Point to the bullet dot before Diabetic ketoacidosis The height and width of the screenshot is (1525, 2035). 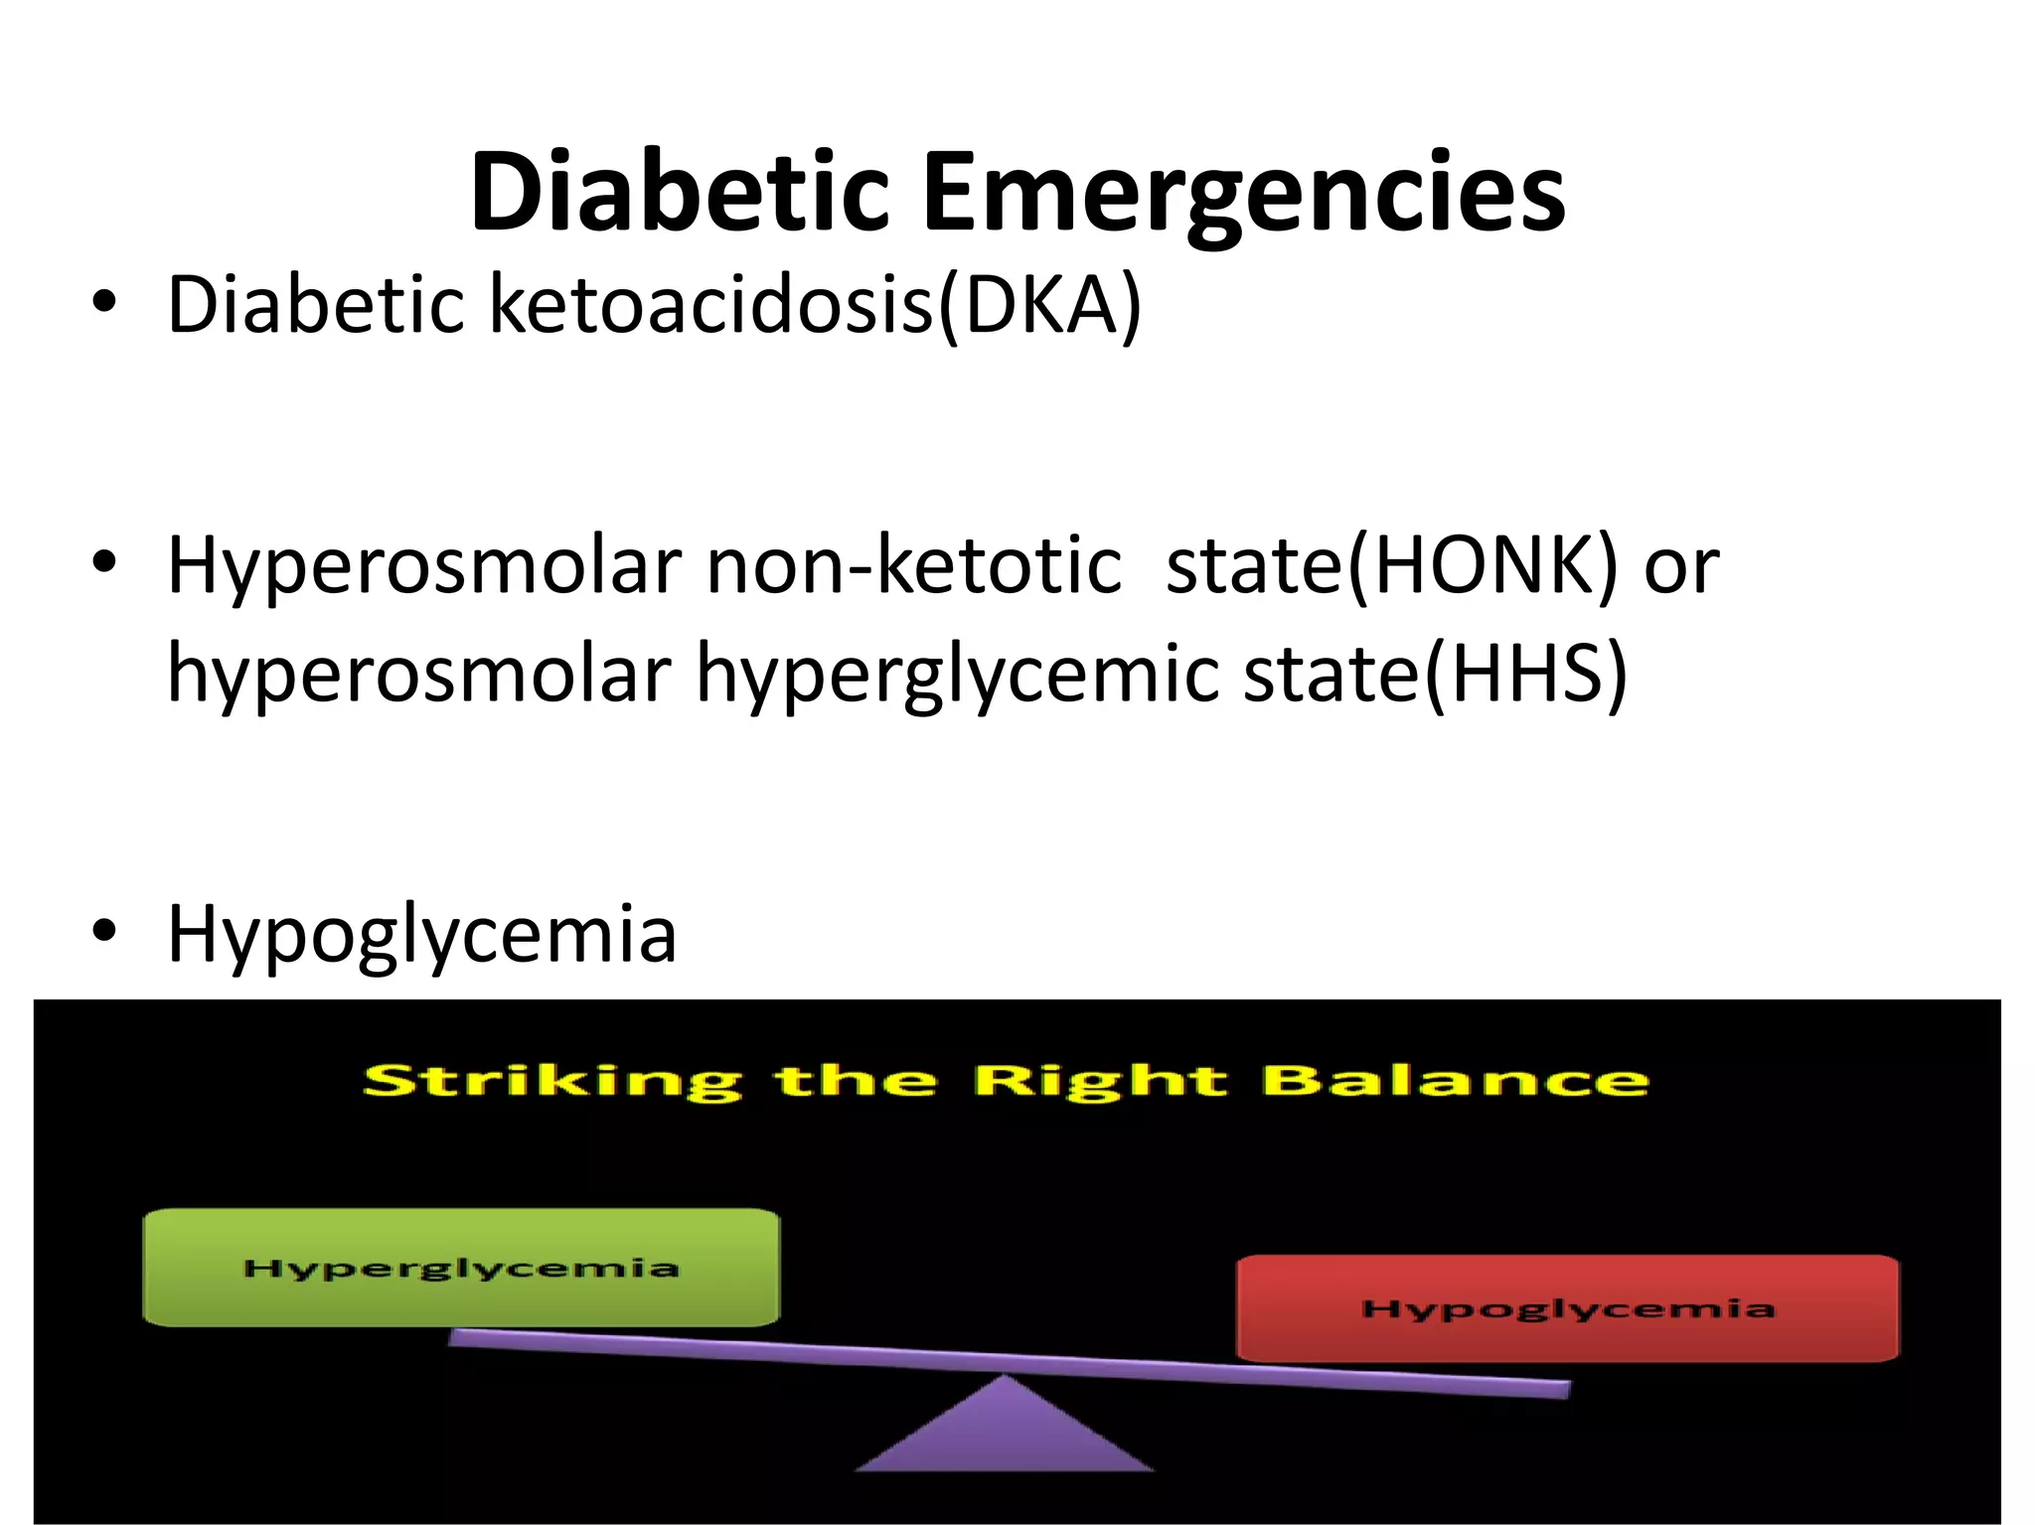[x=103, y=302]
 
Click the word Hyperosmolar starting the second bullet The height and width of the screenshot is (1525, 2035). [x=424, y=566]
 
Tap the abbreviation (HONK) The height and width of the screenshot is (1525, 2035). [x=1482, y=566]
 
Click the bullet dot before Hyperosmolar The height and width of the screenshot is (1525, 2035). [x=103, y=563]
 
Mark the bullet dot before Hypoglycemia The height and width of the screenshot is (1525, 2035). [x=103, y=932]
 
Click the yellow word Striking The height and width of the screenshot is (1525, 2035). [x=551, y=1082]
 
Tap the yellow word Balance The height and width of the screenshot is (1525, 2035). [x=1455, y=1080]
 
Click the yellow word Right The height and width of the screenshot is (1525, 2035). [x=1100, y=1082]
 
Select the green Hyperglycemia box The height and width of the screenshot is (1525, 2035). [x=461, y=1268]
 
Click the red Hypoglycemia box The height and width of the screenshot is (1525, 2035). [x=1567, y=1308]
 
